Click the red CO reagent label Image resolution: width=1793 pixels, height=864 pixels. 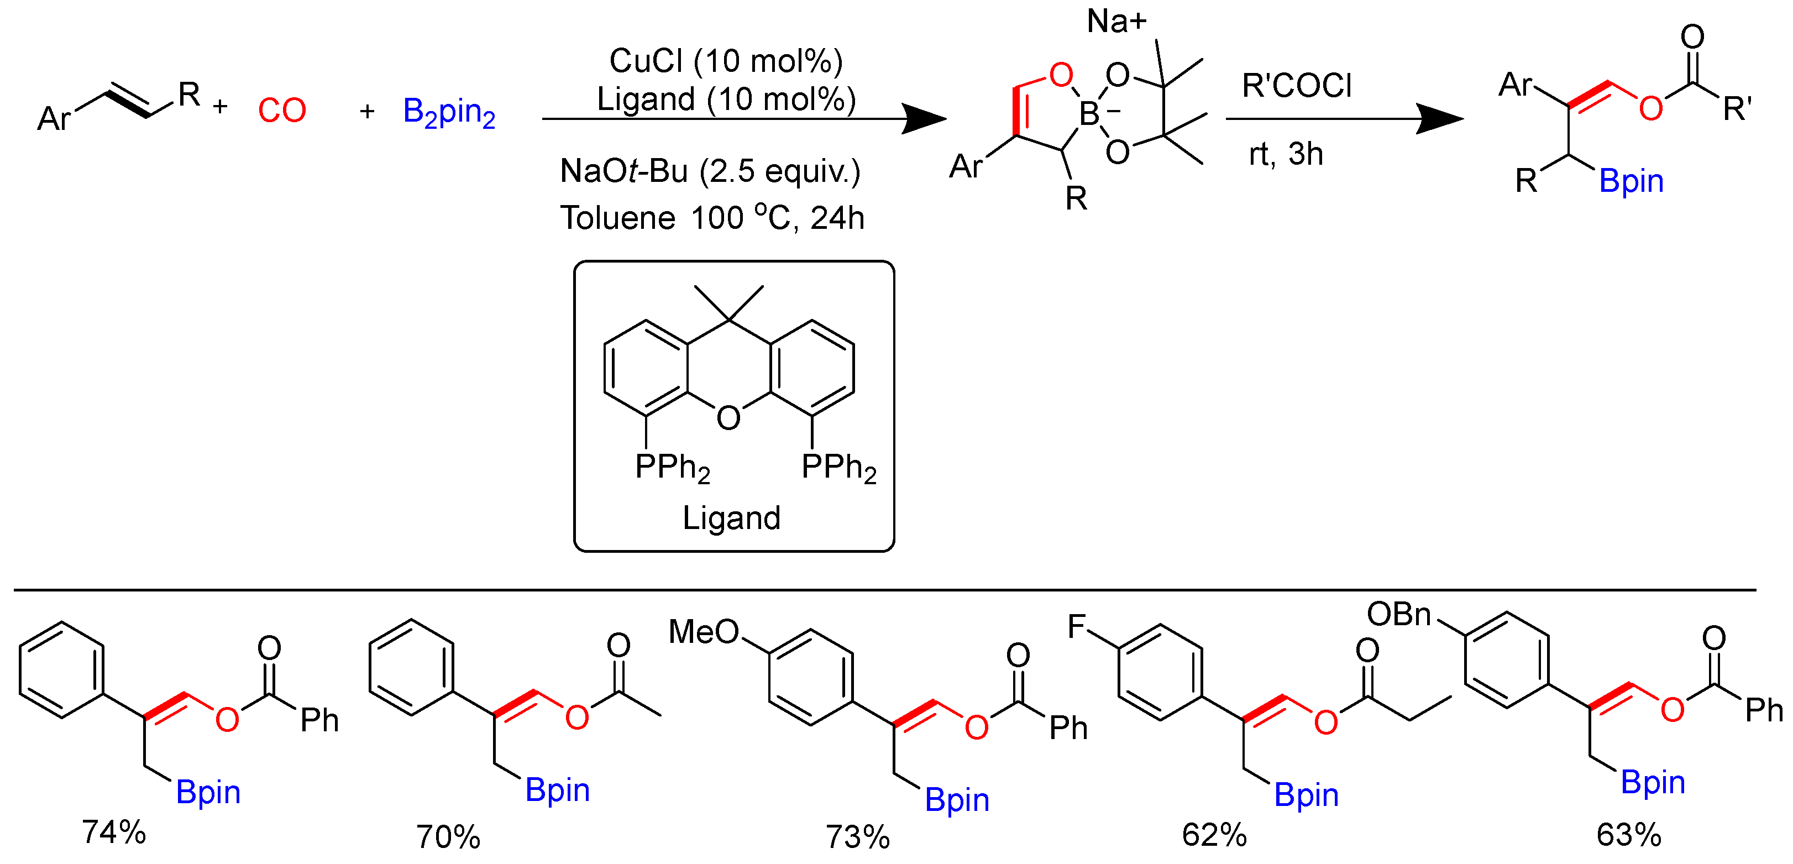tap(282, 111)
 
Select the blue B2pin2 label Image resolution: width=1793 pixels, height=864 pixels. tap(449, 112)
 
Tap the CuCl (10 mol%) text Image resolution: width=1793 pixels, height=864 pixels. tap(726, 61)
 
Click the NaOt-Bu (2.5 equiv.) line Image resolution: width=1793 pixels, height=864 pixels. tap(710, 171)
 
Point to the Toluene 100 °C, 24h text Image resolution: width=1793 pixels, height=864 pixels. tap(712, 218)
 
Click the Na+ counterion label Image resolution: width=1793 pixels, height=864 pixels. tap(1116, 22)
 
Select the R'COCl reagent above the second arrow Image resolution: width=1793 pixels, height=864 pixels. tap(1297, 86)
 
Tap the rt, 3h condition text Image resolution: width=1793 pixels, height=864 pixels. tap(1286, 154)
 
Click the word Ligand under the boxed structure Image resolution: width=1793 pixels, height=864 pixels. tap(732, 518)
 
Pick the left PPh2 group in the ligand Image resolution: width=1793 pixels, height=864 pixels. tap(672, 468)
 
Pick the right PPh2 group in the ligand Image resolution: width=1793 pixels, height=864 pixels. tap(838, 468)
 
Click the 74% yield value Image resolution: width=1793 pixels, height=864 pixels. tap(113, 832)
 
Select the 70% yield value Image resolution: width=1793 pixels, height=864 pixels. tap(448, 837)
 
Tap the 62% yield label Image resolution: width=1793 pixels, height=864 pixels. tap(1214, 835)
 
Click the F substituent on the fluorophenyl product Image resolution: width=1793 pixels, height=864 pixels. tap(1076, 627)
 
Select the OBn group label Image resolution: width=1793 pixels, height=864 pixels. tap(1398, 615)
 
